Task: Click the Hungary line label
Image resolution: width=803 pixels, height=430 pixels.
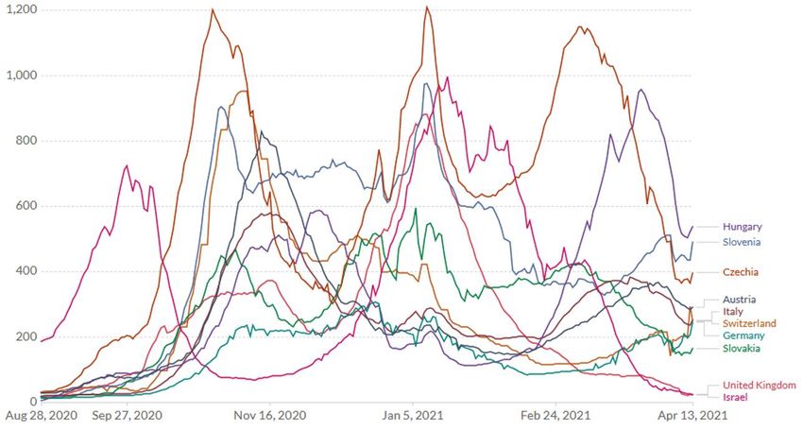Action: pyautogui.click(x=743, y=227)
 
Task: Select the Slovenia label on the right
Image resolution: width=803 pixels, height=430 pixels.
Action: pyautogui.click(x=743, y=242)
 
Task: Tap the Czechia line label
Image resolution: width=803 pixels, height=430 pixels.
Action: pyautogui.click(x=742, y=272)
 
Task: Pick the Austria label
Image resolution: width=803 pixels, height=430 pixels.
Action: pyautogui.click(x=740, y=300)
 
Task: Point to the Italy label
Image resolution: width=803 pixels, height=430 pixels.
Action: pyautogui.click(x=733, y=312)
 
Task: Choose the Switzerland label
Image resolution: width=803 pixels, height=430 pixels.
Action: pyautogui.click(x=750, y=323)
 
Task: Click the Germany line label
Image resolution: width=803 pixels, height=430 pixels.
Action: pyautogui.click(x=744, y=335)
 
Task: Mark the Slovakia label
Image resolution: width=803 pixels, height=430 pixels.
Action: pyautogui.click(x=743, y=349)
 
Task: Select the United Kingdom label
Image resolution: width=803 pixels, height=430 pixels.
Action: pyautogui.click(x=760, y=386)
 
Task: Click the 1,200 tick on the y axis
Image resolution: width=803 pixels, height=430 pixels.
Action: pyautogui.click(x=21, y=9)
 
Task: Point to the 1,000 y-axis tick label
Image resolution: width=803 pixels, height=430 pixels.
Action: pyautogui.click(x=21, y=76)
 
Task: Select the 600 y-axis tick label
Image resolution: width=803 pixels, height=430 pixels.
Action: pyautogui.click(x=26, y=206)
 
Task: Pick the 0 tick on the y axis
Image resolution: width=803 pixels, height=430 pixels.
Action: pyautogui.click(x=32, y=402)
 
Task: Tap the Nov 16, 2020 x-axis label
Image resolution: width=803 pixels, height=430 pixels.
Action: pyautogui.click(x=271, y=415)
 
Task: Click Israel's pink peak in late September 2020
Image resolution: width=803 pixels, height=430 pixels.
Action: pyautogui.click(x=127, y=166)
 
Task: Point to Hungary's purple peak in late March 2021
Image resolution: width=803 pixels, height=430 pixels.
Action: pyautogui.click(x=641, y=91)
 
